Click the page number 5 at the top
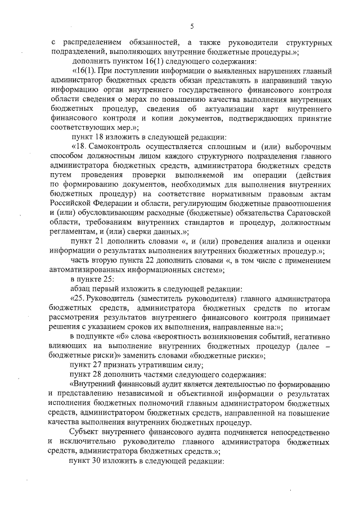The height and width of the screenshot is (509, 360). (192, 26)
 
